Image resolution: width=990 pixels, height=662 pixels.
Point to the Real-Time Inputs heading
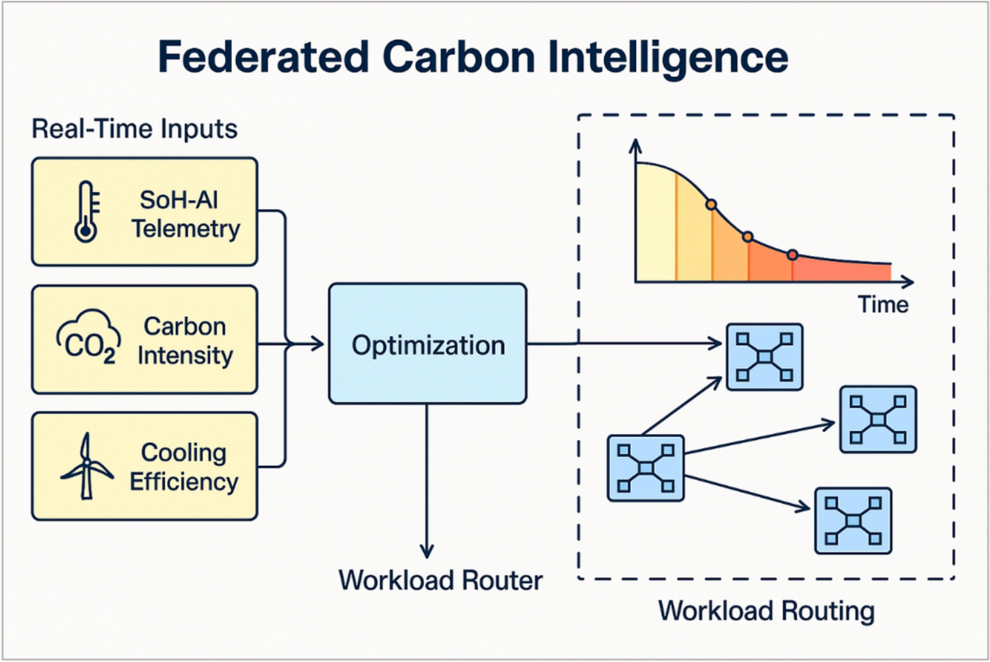point(135,129)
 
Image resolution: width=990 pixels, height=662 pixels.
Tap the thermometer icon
point(86,212)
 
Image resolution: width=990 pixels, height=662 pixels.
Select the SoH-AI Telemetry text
point(185,214)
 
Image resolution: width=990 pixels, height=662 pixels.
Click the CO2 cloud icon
point(88,338)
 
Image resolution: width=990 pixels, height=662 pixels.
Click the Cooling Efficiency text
point(184,467)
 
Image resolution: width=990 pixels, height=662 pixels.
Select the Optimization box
point(427,344)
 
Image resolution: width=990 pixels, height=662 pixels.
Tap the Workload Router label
point(440,580)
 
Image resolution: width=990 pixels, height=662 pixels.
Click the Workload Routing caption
point(766,611)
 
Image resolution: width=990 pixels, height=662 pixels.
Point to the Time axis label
point(882,305)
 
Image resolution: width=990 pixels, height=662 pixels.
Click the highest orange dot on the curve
point(711,205)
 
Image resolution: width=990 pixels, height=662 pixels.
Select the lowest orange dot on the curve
point(793,255)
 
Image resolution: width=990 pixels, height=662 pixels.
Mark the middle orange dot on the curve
point(747,237)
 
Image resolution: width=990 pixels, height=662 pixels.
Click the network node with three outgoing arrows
point(646,468)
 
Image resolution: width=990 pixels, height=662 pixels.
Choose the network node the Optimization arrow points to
point(764,357)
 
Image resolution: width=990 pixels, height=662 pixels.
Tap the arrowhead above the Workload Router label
point(427,551)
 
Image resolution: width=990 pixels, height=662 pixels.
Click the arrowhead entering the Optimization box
point(318,344)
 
